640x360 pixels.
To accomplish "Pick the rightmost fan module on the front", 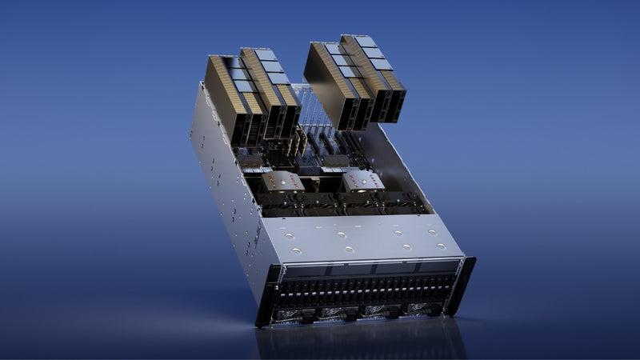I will tap(418, 307).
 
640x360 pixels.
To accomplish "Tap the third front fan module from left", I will tap(374, 310).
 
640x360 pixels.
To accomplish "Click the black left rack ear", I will tap(262, 296).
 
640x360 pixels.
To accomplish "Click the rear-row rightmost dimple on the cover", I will tap(432, 233).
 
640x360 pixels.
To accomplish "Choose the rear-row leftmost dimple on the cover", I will tap(286, 236).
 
